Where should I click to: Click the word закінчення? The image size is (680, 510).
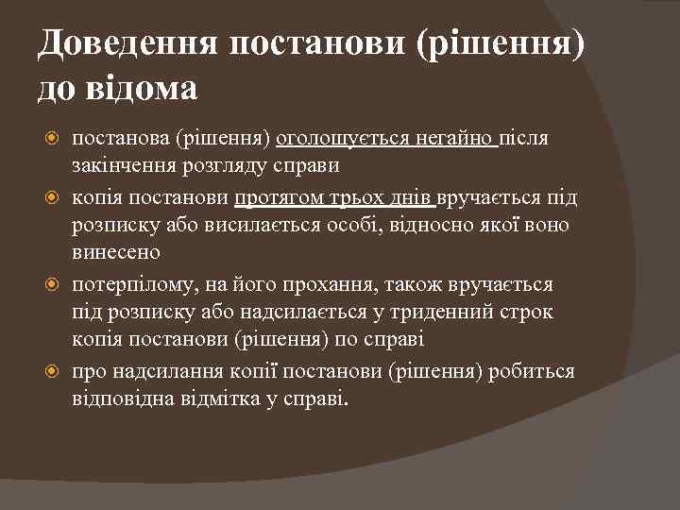pyautogui.click(x=121, y=165)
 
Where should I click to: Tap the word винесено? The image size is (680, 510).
pyautogui.click(x=116, y=252)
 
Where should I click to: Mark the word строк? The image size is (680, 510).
pyautogui.click(x=527, y=311)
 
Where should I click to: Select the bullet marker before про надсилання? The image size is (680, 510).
pyautogui.click(x=54, y=370)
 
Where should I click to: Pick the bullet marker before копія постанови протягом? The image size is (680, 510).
pyautogui.click(x=54, y=197)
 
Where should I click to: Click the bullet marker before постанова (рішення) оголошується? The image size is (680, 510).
pyautogui.click(x=54, y=139)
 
